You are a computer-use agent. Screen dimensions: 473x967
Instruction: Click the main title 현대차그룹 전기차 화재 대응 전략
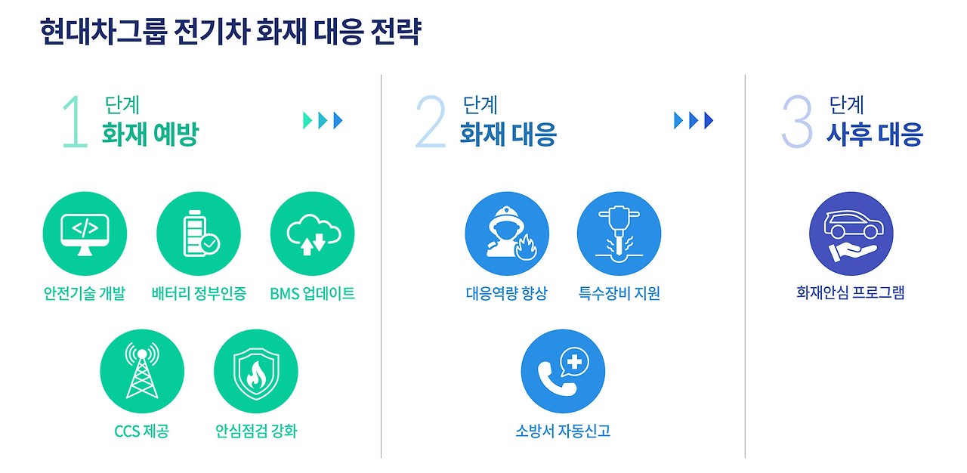pos(230,34)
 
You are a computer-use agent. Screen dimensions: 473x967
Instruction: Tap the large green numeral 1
pos(75,122)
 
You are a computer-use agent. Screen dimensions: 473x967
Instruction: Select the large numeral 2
pos(431,122)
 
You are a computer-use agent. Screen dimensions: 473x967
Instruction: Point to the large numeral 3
pos(796,122)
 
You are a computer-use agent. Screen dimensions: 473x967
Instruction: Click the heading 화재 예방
pos(150,135)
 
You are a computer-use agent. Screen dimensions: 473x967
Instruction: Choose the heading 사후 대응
pos(874,135)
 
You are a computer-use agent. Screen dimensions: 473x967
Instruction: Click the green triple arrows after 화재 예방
pos(323,120)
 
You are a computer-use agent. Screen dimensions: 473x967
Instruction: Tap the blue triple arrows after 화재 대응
pos(694,120)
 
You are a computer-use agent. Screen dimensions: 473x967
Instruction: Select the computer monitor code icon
pos(85,233)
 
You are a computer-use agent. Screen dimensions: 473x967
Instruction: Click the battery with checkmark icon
pos(199,233)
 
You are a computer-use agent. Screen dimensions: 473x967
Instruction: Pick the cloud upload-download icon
pos(312,233)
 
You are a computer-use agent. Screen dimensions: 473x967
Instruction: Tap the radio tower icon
pos(142,372)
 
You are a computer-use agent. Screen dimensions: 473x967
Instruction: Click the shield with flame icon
pos(256,372)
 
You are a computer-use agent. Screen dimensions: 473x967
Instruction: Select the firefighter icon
pos(506,233)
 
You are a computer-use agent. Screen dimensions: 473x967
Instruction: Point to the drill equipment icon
pos(619,233)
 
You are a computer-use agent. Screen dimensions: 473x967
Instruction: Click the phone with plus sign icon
pos(563,372)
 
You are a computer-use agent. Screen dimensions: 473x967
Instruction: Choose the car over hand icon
pos(851,233)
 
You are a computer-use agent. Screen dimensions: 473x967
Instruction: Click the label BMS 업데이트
pos(312,293)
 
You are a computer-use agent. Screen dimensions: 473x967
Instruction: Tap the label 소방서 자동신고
pos(563,431)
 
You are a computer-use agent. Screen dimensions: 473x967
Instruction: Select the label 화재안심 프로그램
pos(851,293)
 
